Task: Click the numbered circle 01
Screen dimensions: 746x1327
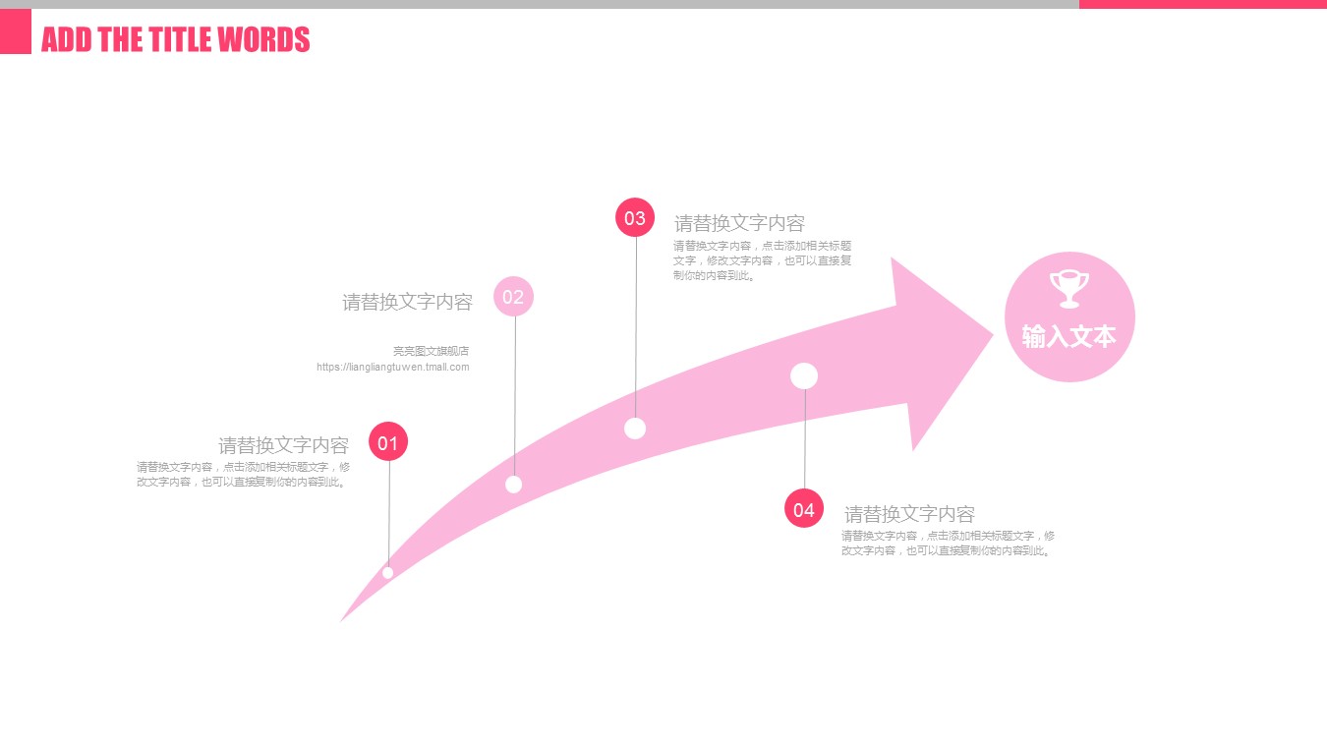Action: pos(388,442)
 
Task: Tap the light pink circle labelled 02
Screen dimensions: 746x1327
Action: pos(513,296)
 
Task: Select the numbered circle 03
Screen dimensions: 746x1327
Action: pos(635,217)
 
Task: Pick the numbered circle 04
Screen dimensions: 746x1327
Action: pos(804,509)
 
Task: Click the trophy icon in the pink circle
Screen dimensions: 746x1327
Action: pos(1069,289)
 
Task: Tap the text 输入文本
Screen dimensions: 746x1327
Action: pos(1069,336)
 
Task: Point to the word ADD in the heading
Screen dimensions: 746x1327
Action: pos(63,40)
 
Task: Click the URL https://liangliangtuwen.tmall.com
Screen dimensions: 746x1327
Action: pos(393,368)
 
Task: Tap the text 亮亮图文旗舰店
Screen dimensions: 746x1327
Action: pos(431,351)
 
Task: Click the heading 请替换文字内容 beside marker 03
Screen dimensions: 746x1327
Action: pos(739,223)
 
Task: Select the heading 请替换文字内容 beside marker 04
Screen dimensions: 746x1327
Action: pos(909,514)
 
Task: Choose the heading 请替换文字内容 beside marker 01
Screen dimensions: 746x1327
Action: pos(283,445)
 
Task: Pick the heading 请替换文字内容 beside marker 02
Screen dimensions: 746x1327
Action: pos(407,302)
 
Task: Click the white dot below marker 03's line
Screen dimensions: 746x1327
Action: pos(635,429)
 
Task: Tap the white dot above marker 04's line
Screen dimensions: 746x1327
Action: pos(804,375)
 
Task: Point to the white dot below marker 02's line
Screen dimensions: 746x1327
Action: pos(513,484)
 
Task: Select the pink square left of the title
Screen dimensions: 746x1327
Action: pos(16,31)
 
